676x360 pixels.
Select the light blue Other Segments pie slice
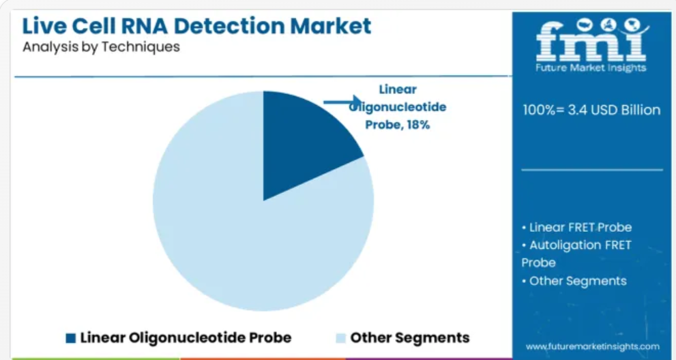(241, 241)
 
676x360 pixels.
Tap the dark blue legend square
(71, 338)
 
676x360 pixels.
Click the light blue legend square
(340, 338)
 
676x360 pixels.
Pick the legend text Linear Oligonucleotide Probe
(186, 337)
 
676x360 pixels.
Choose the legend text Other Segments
(410, 337)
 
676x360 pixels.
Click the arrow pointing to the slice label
(342, 102)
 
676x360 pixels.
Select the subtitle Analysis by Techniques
(101, 46)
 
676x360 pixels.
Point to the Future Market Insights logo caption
(591, 67)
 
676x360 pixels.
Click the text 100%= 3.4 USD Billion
(591, 110)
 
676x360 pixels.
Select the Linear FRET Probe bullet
(576, 227)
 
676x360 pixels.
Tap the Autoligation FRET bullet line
(576, 245)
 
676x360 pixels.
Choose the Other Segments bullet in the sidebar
(574, 281)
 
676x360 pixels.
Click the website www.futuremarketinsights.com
(593, 346)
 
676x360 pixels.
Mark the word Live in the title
(44, 26)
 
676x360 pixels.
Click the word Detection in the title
(229, 26)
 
